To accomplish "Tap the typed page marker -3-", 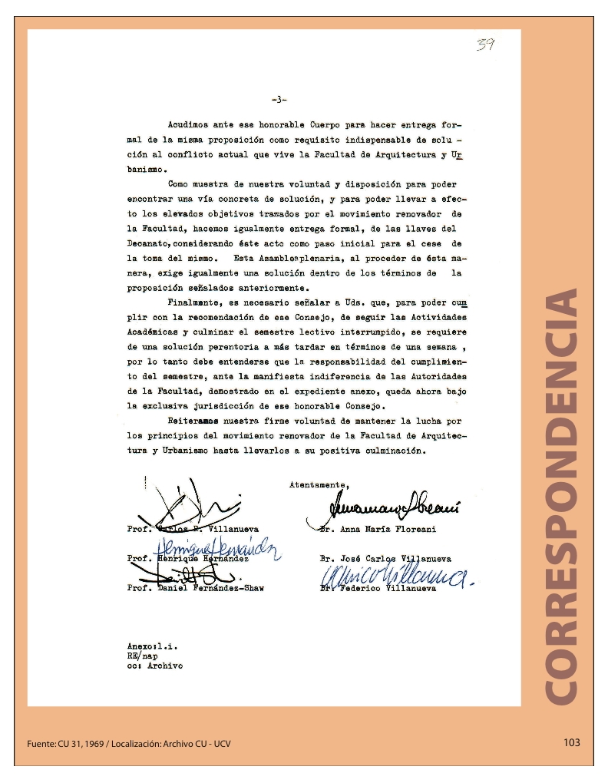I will click(279, 99).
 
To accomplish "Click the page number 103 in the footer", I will click(571, 742).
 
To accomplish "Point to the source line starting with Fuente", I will click(128, 744).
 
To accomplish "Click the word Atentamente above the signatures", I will click(319, 485).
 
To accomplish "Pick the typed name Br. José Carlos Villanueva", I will click(385, 559).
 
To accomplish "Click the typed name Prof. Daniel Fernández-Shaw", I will click(196, 589).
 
